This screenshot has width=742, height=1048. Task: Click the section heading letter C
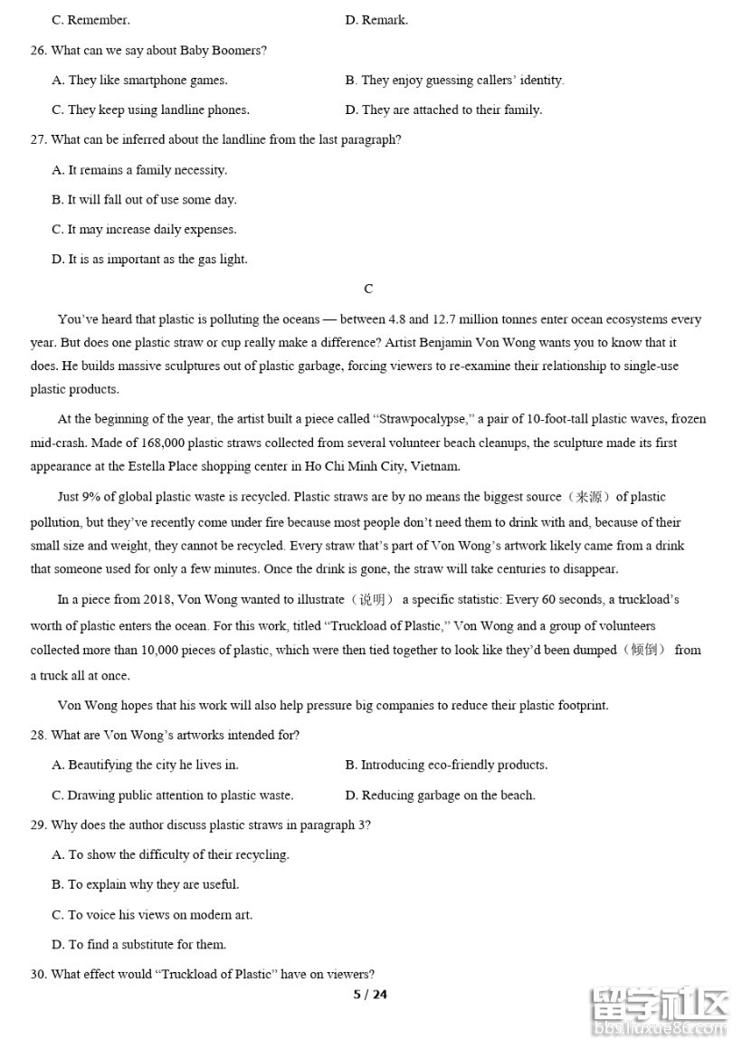368,289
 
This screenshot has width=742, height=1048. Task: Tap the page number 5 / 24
369,995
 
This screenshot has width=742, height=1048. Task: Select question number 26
38,50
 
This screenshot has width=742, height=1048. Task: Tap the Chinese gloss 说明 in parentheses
372,599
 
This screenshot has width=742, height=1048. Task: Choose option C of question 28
173,795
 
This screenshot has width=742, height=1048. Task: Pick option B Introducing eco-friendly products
446,765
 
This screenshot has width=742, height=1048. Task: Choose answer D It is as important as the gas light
149,259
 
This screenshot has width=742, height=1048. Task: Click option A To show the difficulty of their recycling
171,854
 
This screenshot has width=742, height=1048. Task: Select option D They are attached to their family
443,110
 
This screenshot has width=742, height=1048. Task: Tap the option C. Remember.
90,19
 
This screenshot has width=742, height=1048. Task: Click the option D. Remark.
376,19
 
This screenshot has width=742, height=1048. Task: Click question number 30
38,974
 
